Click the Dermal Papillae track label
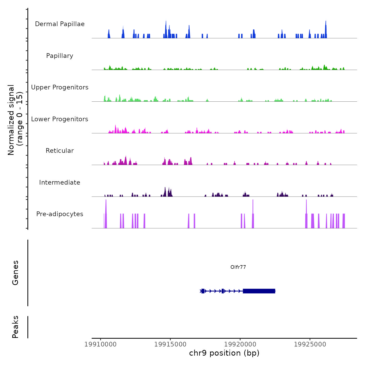click(x=60, y=24)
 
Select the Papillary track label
click(x=60, y=56)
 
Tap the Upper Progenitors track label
click(x=60, y=87)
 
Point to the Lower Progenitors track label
click(x=60, y=119)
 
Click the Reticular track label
click(x=60, y=151)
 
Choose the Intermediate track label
click(x=60, y=182)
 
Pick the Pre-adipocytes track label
click(x=60, y=214)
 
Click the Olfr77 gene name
click(x=238, y=267)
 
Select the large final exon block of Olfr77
click(x=259, y=291)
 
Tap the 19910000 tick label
click(x=100, y=344)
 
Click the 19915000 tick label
click(x=170, y=344)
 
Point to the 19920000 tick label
click(x=240, y=344)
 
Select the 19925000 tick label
click(x=310, y=344)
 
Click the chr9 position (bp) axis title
click(x=224, y=353)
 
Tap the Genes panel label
click(x=15, y=273)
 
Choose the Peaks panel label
click(x=15, y=327)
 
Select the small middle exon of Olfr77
click(x=223, y=291)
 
